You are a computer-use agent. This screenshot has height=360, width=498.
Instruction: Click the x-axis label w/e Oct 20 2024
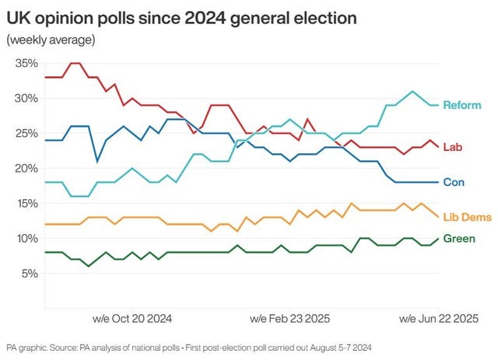132,319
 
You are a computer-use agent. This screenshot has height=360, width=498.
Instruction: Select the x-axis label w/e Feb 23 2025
289,319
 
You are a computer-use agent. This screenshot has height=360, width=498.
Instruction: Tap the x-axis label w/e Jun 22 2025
439,319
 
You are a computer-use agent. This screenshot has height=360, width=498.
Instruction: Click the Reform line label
462,105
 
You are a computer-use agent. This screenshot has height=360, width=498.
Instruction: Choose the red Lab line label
452,147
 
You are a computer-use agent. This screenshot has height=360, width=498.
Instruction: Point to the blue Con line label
454,182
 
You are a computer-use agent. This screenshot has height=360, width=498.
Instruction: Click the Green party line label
459,238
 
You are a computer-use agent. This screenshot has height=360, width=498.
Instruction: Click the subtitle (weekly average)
51,39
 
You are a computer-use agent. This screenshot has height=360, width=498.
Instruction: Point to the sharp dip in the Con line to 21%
97,161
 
